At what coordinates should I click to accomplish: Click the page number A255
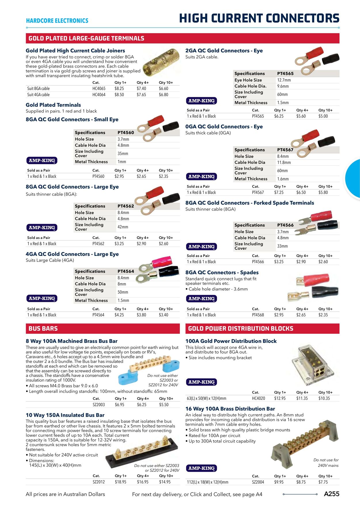coord(331,494)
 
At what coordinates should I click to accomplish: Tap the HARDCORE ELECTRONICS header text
coord(57,21)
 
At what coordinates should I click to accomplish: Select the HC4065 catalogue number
coord(99,89)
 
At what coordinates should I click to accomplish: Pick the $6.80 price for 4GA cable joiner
coord(163,95)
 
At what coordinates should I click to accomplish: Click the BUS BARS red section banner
coord(103,328)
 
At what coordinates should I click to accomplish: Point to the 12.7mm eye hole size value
coord(284,80)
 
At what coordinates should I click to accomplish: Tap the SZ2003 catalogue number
coord(99,405)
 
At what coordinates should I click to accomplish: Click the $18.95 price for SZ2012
coord(120,482)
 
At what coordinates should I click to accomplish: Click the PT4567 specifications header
coord(285,150)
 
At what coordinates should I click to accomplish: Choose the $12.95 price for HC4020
coord(280,398)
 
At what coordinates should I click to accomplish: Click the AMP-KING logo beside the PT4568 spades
coord(201,299)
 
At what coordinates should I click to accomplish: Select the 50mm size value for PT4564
coord(123,292)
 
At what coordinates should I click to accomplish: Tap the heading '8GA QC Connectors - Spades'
coord(222,272)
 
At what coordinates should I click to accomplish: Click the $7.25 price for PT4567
coord(279,192)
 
